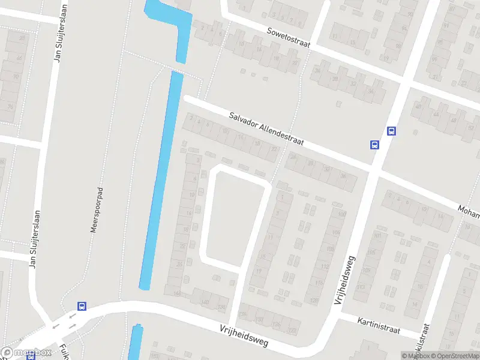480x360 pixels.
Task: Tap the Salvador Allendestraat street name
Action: coord(266,129)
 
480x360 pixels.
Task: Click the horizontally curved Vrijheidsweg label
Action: coord(244,337)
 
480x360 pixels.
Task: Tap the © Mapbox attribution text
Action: coord(415,356)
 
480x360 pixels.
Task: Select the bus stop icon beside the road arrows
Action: coord(82,306)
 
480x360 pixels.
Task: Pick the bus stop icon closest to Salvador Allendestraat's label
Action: coord(374,144)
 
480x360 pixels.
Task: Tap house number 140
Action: coord(205,302)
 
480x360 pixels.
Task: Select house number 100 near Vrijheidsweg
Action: coord(342,215)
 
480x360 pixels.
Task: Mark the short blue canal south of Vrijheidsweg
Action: coord(136,342)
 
